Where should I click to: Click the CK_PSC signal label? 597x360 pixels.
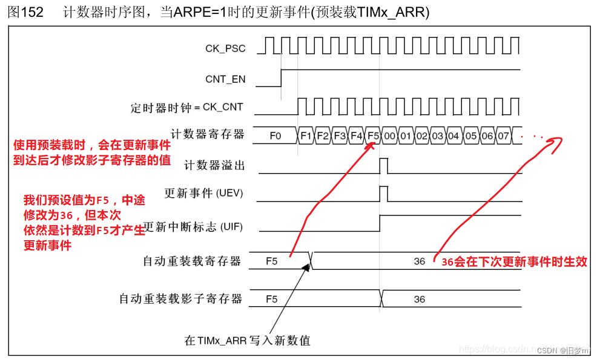coord(225,48)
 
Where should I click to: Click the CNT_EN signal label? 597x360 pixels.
coord(225,79)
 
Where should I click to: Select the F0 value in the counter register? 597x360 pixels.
coord(275,136)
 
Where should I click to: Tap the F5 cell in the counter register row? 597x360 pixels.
coord(373,136)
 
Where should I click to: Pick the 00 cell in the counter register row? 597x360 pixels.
coord(389,136)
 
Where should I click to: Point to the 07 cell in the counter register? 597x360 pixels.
coord(504,136)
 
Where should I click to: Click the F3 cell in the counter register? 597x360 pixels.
coord(340,136)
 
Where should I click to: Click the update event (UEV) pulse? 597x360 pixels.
coord(384,194)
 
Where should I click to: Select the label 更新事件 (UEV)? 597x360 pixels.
coord(203,194)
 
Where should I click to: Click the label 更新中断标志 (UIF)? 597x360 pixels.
coord(193,227)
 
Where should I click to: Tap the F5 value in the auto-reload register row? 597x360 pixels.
coord(271,261)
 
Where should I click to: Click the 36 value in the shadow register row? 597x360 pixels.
coord(419,299)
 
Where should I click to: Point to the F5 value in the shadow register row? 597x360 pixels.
coord(271,299)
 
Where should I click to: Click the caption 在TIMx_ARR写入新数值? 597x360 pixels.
coord(247,340)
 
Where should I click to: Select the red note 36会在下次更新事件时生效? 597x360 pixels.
coord(514,262)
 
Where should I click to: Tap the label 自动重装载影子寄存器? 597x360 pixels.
coord(180,299)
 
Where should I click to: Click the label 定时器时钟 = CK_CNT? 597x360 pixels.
coord(187,108)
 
